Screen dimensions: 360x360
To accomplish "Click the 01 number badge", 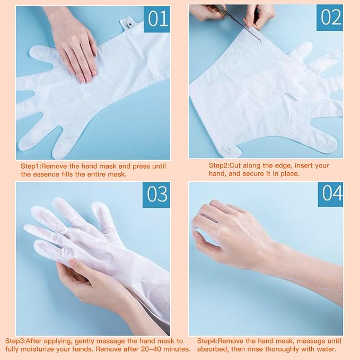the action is pyautogui.click(x=157, y=19).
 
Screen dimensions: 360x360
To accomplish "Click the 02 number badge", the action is pyautogui.click(x=330, y=18).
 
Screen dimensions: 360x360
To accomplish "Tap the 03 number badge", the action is pyautogui.click(x=156, y=195).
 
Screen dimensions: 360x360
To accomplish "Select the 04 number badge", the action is pyautogui.click(x=330, y=194).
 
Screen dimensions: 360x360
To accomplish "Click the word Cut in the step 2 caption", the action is pyautogui.click(x=235, y=165).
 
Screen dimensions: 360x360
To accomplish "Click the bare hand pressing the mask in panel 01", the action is pyautogui.click(x=76, y=48).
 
